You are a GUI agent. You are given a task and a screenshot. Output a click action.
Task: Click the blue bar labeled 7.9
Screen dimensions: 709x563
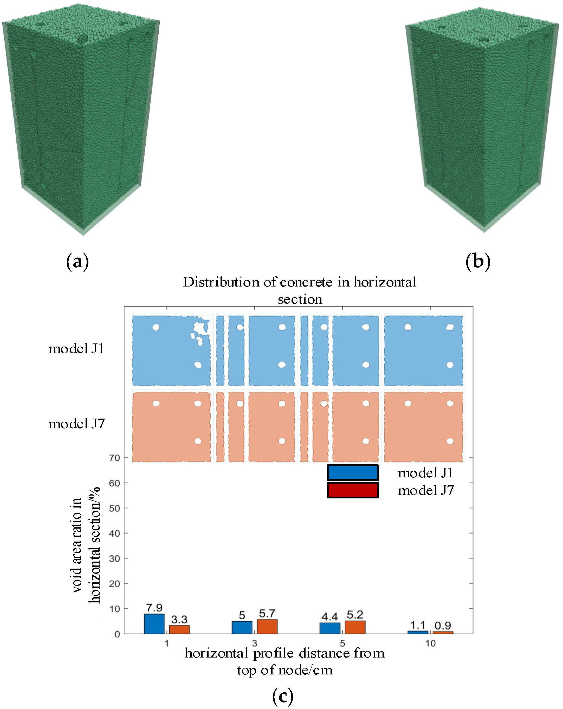point(154,623)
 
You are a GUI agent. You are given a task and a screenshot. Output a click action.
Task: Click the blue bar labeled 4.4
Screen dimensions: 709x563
point(330,628)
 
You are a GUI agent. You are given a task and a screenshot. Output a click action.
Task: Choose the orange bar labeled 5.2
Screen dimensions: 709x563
point(355,627)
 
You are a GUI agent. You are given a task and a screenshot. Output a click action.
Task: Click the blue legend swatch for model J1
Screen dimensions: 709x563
point(353,473)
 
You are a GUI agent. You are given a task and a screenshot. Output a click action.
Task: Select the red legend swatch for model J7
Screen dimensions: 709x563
point(353,490)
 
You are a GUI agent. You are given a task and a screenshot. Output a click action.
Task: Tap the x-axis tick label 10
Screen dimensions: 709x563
point(430,643)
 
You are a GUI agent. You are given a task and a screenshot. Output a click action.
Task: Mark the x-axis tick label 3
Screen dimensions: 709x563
point(255,643)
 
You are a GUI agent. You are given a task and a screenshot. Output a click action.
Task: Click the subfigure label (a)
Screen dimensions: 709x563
point(77,262)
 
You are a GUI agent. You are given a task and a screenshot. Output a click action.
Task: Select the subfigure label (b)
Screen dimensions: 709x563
point(478,262)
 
